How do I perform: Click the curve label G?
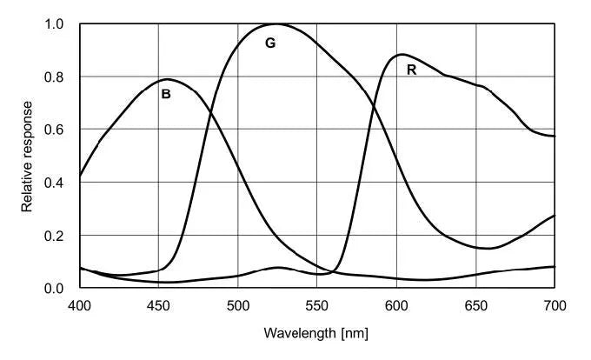pyautogui.click(x=270, y=43)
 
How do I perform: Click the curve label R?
pyautogui.click(x=412, y=70)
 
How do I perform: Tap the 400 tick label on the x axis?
pyautogui.click(x=79, y=305)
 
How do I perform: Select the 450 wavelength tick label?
pyautogui.click(x=158, y=305)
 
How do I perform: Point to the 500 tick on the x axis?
pyautogui.click(x=238, y=305)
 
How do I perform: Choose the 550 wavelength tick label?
pyautogui.click(x=317, y=305)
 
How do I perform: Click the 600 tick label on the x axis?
pyautogui.click(x=396, y=305)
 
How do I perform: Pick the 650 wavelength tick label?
pyautogui.click(x=475, y=305)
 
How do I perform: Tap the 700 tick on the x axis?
pyautogui.click(x=554, y=305)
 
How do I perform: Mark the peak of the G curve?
pyautogui.click(x=276, y=24)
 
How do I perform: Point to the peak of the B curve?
pyautogui.click(x=166, y=79)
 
